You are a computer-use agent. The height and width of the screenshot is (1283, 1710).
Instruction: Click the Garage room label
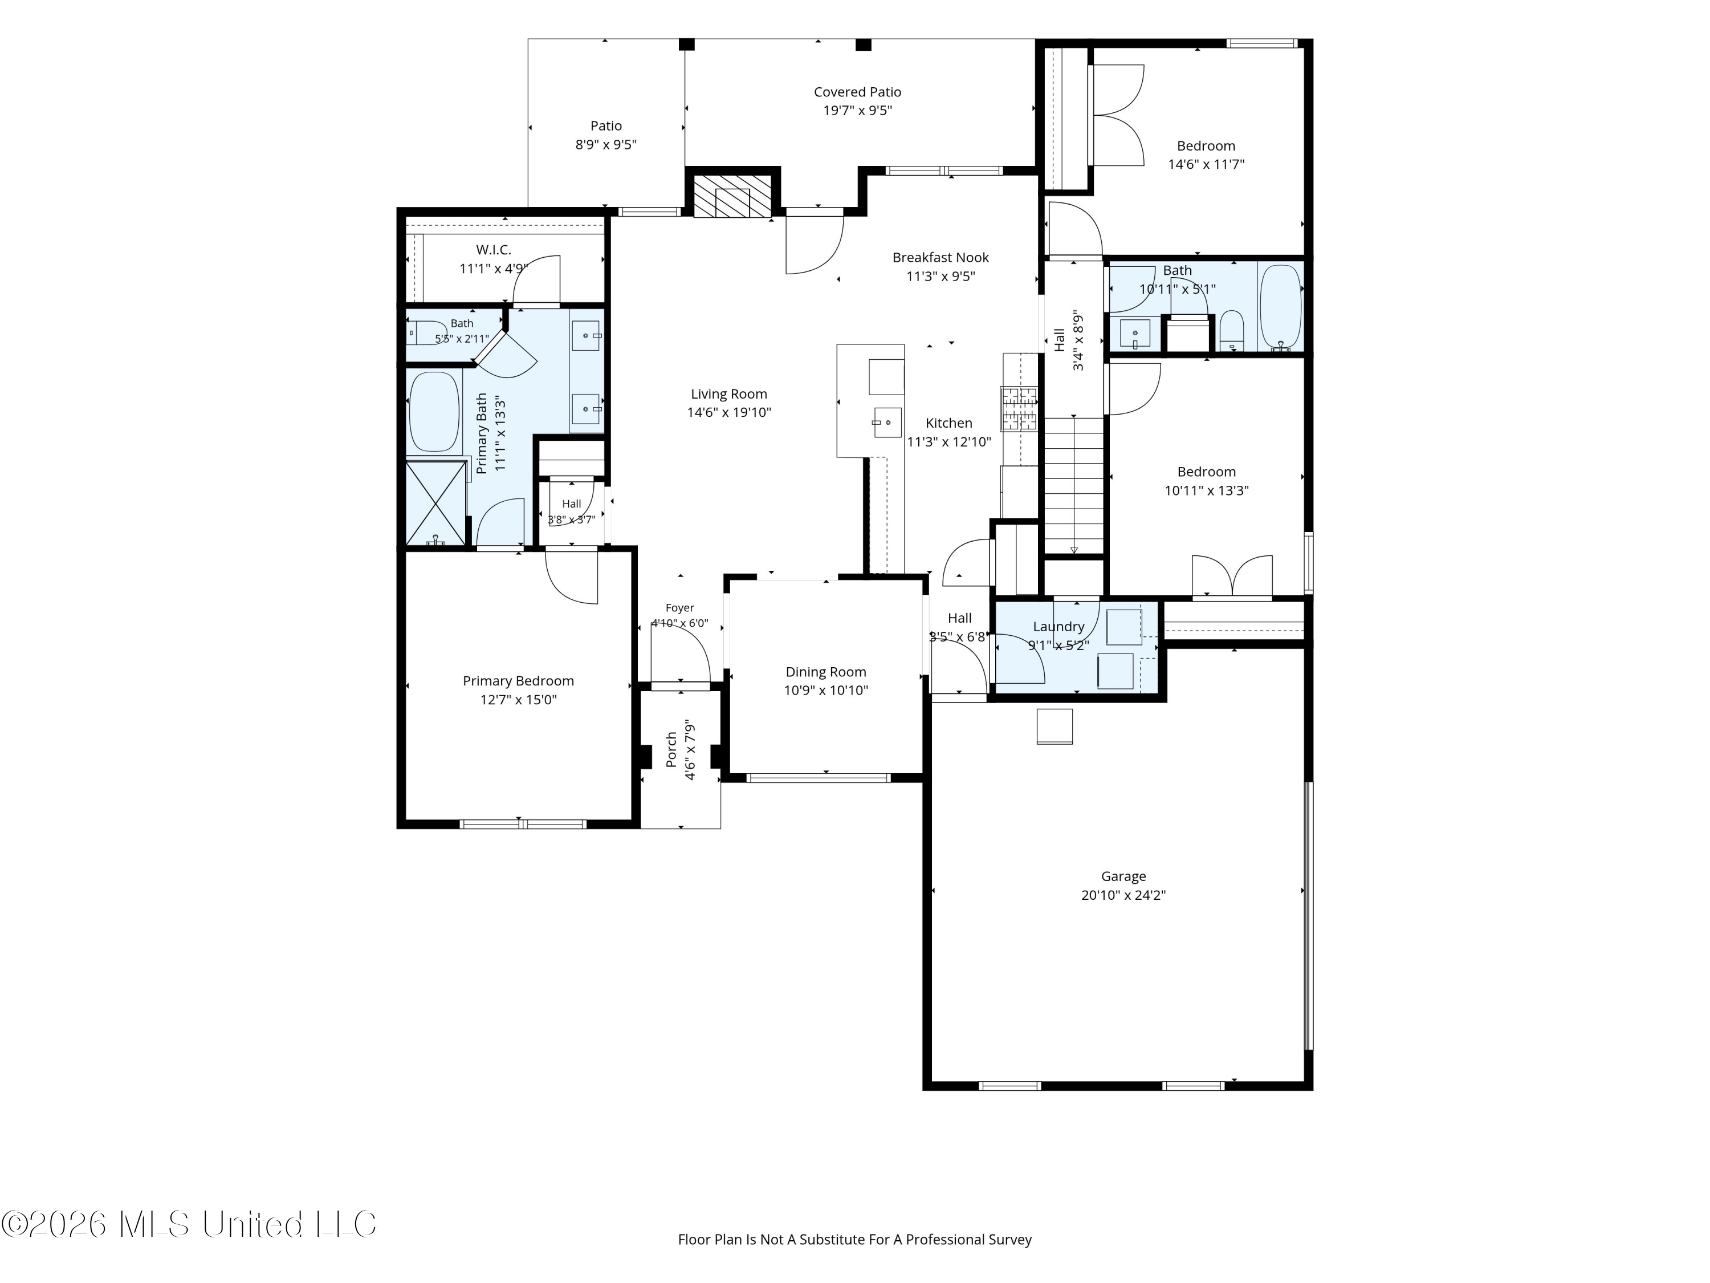[x=1123, y=876]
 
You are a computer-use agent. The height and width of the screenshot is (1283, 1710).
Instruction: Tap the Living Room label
[x=729, y=393]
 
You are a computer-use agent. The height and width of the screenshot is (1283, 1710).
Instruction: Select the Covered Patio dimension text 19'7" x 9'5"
[x=857, y=111]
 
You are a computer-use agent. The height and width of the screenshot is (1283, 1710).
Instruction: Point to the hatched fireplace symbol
[x=731, y=196]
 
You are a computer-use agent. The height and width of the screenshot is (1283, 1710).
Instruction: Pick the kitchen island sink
[x=887, y=423]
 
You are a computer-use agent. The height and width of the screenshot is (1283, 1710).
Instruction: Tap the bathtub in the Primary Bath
[x=434, y=412]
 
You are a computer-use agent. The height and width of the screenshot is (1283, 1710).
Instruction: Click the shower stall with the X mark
[x=436, y=504]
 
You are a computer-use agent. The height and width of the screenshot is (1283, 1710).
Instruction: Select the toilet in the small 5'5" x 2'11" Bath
[x=426, y=332]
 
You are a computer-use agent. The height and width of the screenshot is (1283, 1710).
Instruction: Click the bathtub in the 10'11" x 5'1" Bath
[x=1280, y=307]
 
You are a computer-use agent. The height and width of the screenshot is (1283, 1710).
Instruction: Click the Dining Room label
[x=825, y=672]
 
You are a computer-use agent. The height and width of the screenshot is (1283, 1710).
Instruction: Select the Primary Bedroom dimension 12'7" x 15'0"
[x=518, y=700]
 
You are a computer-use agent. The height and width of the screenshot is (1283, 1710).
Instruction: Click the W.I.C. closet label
[x=493, y=250]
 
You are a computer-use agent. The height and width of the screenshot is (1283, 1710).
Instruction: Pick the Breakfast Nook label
[x=941, y=258]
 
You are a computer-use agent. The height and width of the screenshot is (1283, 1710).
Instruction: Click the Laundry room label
[x=1058, y=627]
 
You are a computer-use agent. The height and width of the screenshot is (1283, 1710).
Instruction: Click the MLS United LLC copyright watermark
[x=189, y=1224]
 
